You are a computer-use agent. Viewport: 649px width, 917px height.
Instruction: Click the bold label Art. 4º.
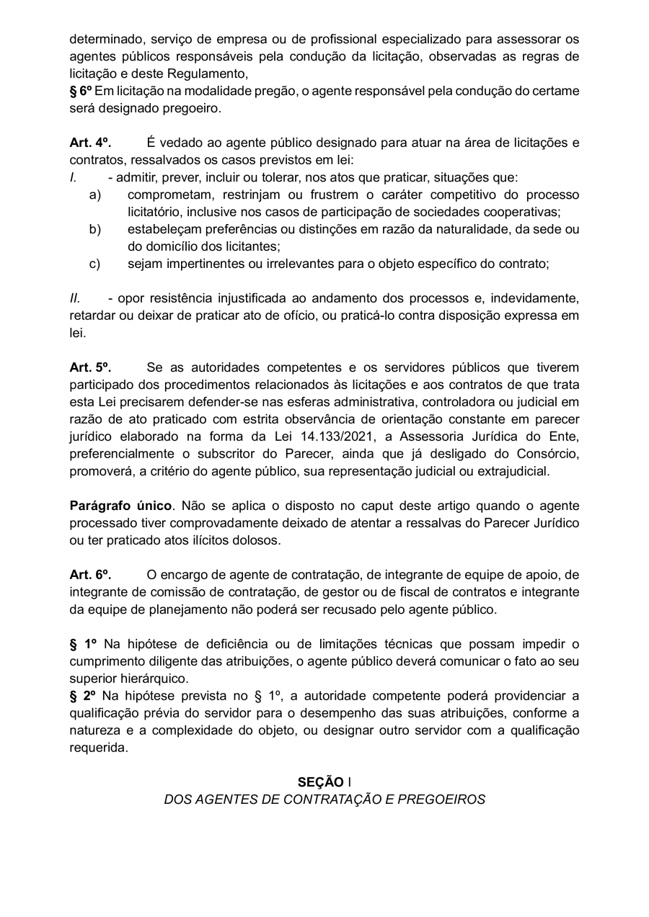coord(90,143)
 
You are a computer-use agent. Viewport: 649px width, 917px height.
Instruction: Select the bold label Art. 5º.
coord(90,367)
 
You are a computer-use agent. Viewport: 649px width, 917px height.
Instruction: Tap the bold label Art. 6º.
coord(90,575)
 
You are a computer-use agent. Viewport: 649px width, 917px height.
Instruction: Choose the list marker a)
coord(94,194)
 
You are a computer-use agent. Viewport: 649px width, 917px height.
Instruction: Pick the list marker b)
coord(94,229)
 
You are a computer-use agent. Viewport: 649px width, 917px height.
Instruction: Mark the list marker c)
coord(94,264)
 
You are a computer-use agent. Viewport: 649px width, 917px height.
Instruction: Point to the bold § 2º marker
coord(84,696)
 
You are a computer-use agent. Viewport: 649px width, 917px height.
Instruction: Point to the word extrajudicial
coord(509,471)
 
